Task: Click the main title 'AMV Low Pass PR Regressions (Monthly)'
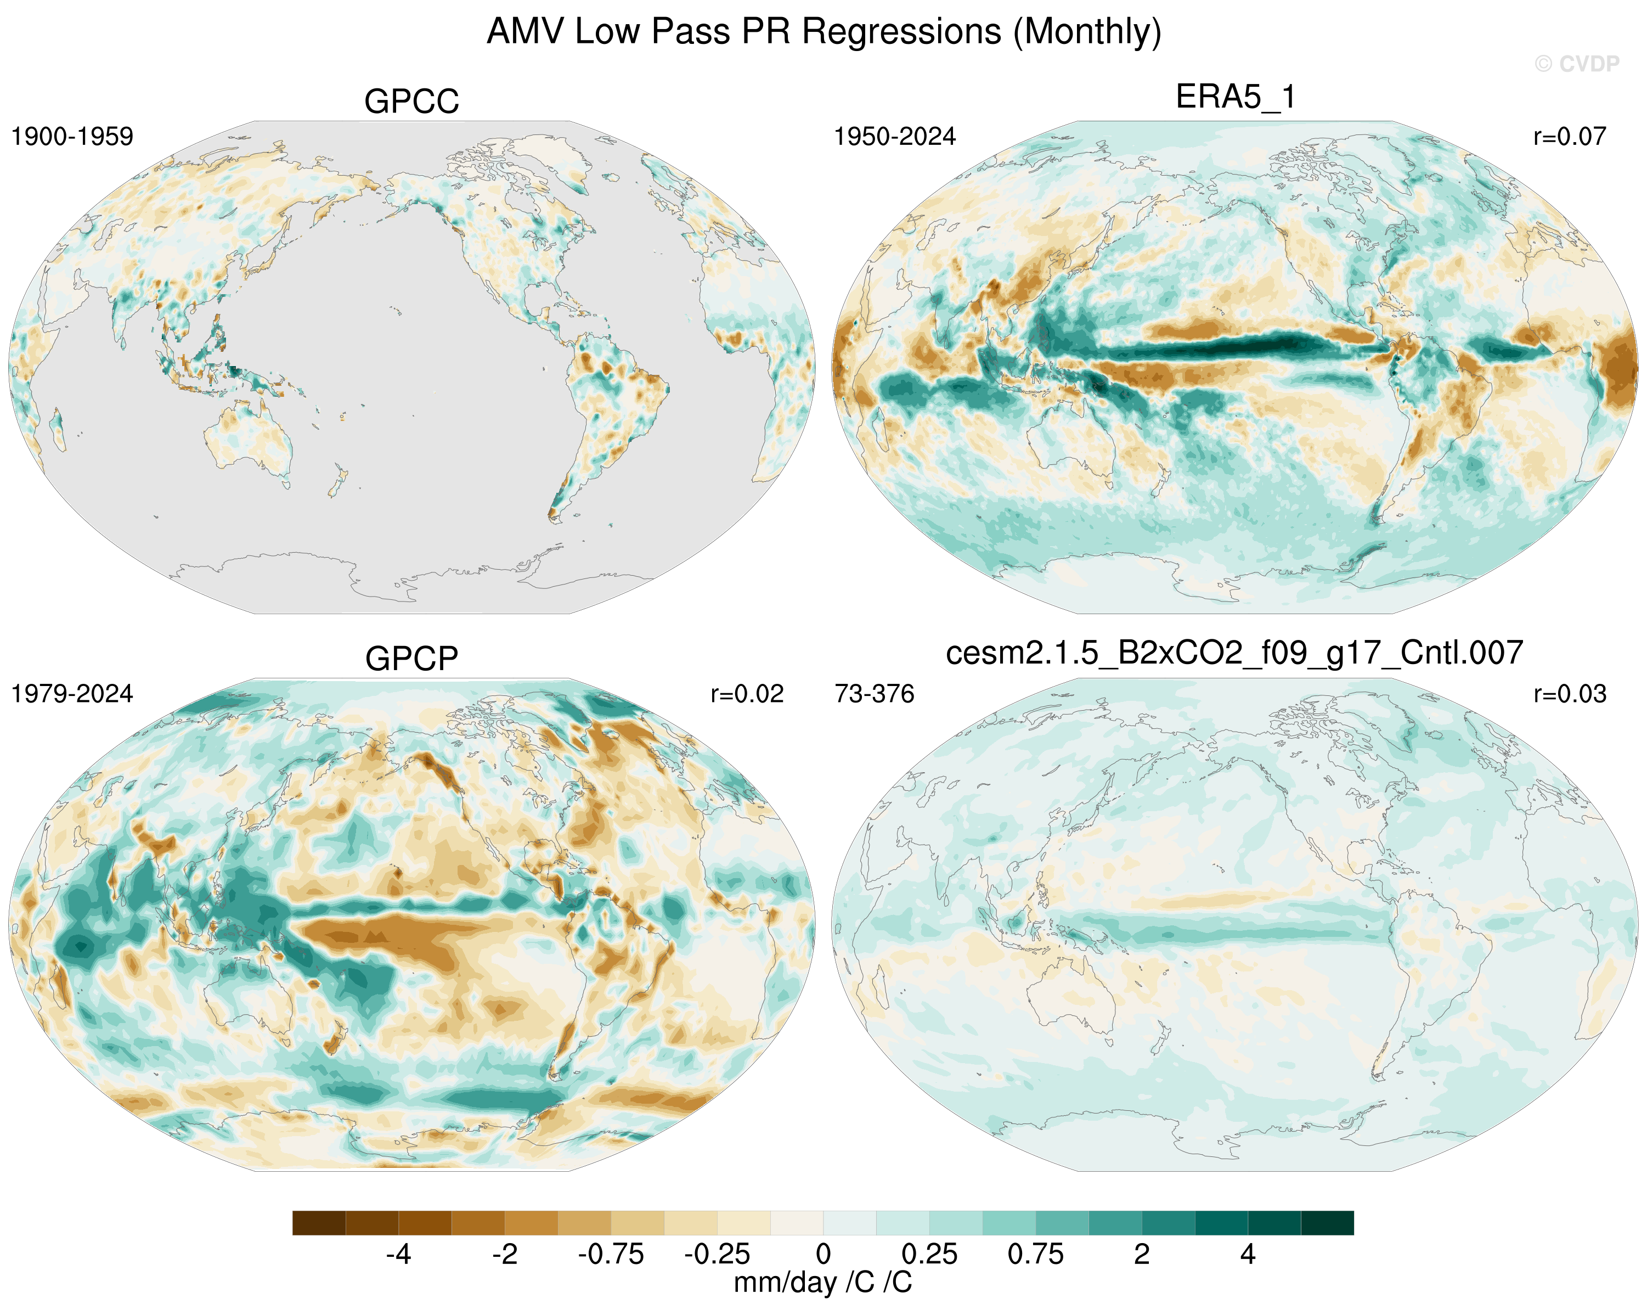(x=824, y=32)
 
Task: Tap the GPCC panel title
(x=411, y=101)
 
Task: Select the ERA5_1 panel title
(x=1236, y=97)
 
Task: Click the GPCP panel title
(x=411, y=659)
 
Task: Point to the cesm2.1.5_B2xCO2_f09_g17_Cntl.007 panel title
(x=1234, y=653)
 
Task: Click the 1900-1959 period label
(x=72, y=137)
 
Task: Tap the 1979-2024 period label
(x=72, y=694)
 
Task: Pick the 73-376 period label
(x=875, y=694)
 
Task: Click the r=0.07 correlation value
(x=1570, y=137)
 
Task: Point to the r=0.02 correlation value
(x=747, y=694)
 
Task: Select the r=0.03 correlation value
(x=1570, y=694)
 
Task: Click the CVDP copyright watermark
(x=1577, y=64)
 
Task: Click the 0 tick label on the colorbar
(x=824, y=1254)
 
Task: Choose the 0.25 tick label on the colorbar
(x=929, y=1254)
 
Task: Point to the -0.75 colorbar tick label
(x=611, y=1254)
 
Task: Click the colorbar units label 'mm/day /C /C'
(x=823, y=1282)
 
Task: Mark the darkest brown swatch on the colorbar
(x=319, y=1223)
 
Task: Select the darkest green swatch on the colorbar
(x=1328, y=1223)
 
